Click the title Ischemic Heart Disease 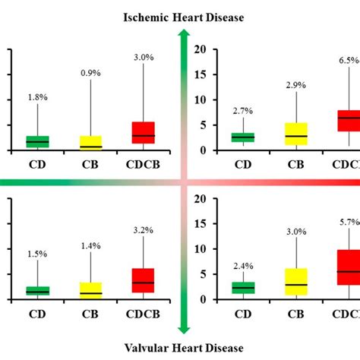pos(180,17)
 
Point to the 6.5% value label pos(348,81)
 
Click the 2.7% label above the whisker pos(243,111)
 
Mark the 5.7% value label pos(348,223)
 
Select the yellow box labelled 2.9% pos(296,134)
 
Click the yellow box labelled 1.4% pos(90,289)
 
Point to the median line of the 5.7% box pos(349,271)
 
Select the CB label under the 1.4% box pos(90,311)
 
